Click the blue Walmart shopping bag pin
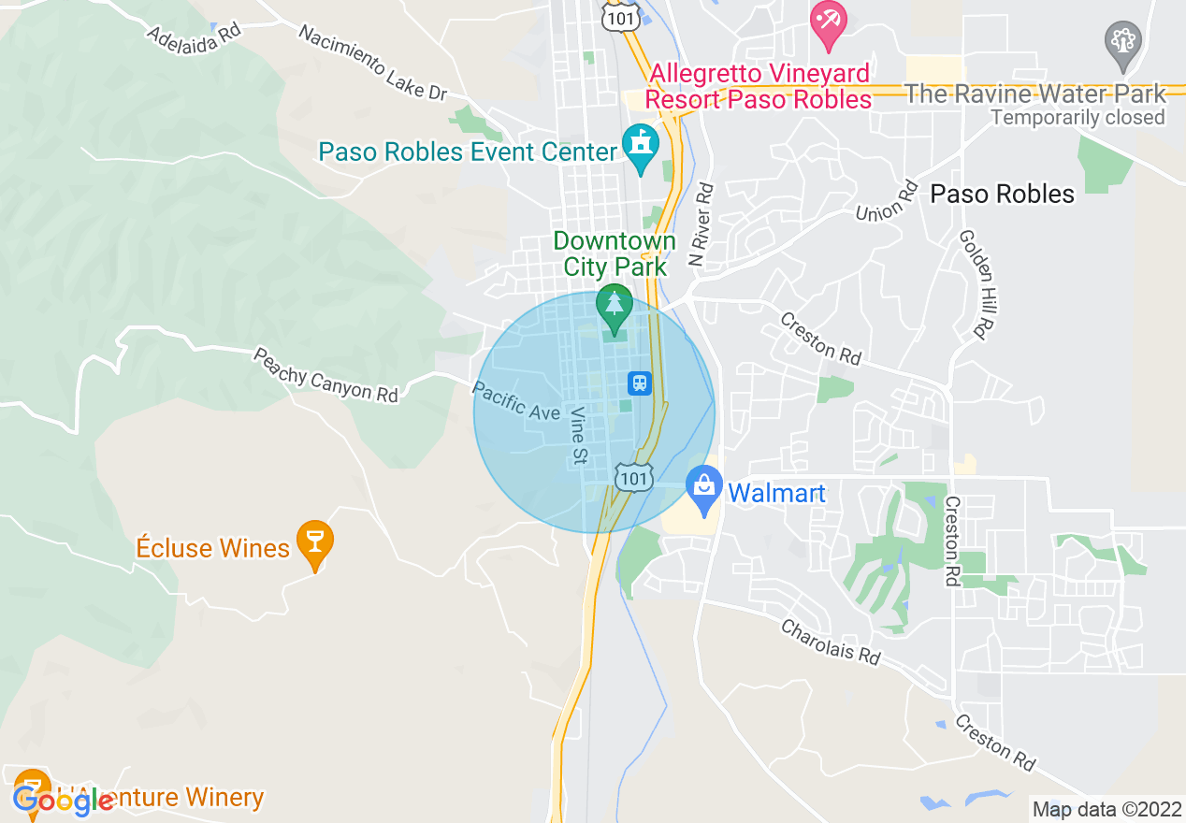click(x=702, y=488)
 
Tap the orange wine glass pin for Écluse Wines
click(x=314, y=542)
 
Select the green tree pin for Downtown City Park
click(x=615, y=307)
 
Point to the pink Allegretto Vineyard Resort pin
click(x=828, y=23)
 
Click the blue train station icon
click(x=640, y=383)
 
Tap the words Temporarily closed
click(x=1078, y=118)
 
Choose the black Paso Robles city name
click(x=1002, y=194)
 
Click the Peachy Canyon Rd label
click(x=325, y=375)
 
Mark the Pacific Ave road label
click(x=516, y=401)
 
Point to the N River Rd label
click(x=701, y=223)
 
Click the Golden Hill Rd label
click(x=974, y=282)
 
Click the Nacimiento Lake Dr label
click(x=372, y=63)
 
